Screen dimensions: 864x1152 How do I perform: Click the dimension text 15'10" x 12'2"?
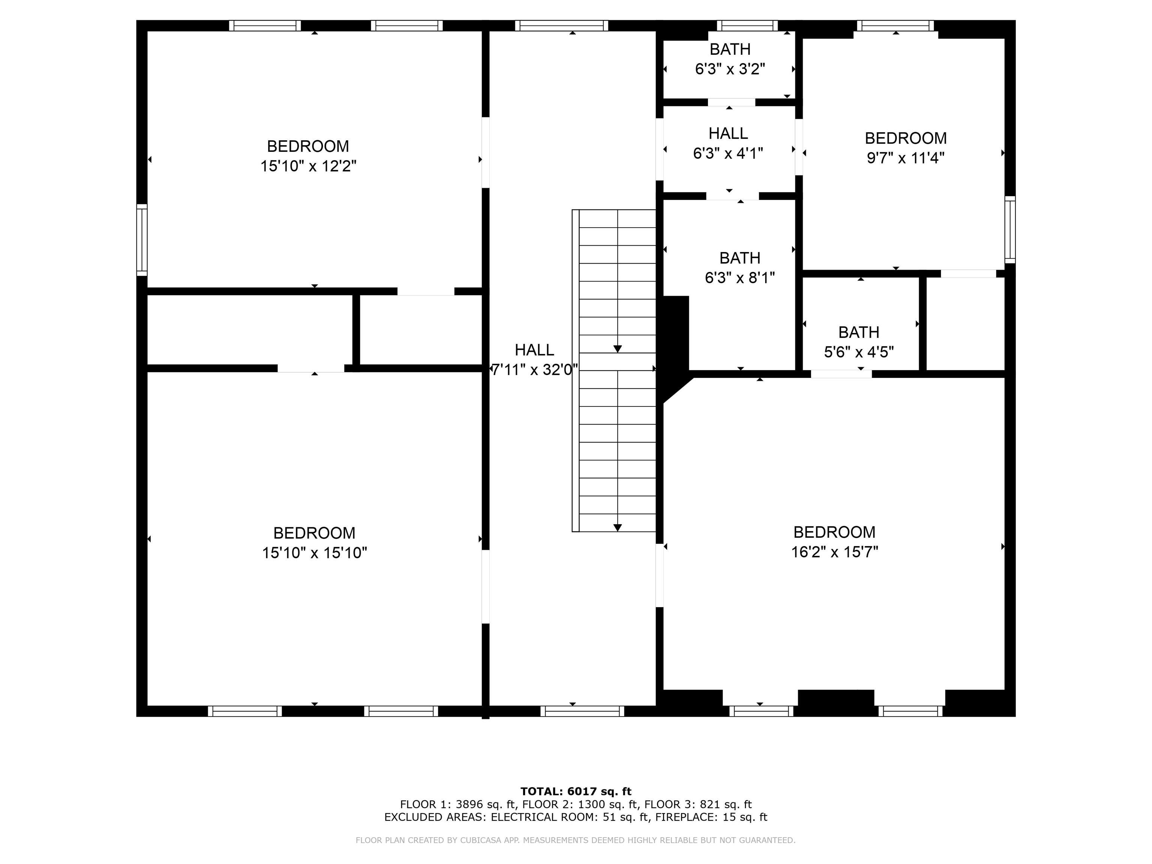(308, 166)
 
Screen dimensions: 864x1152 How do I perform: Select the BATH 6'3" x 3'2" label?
(730, 59)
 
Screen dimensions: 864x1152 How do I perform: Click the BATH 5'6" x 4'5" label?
(858, 342)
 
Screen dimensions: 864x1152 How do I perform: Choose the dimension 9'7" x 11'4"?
(905, 157)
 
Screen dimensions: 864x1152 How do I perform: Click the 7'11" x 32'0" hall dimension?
(535, 370)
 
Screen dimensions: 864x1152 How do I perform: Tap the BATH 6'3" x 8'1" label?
(739, 268)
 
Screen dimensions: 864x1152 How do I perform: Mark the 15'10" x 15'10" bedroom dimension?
(314, 553)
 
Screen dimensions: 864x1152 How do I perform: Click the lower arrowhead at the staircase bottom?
(617, 528)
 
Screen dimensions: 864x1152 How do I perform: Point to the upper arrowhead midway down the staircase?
(617, 349)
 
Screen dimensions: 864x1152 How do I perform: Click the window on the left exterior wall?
(142, 240)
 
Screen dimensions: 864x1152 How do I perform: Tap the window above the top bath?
(747, 25)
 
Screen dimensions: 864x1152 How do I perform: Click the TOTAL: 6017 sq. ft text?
(576, 792)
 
